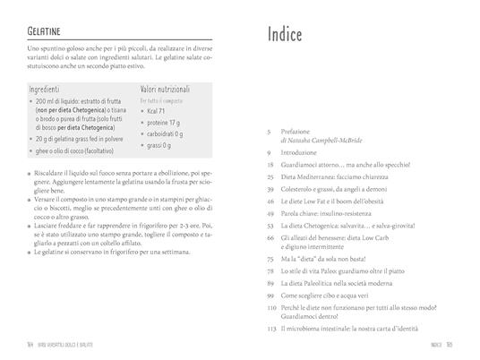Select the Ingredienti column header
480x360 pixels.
click(x=45, y=90)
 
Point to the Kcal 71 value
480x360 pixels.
click(x=158, y=111)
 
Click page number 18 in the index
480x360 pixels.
click(x=270, y=166)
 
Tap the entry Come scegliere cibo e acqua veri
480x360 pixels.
click(x=335, y=293)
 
